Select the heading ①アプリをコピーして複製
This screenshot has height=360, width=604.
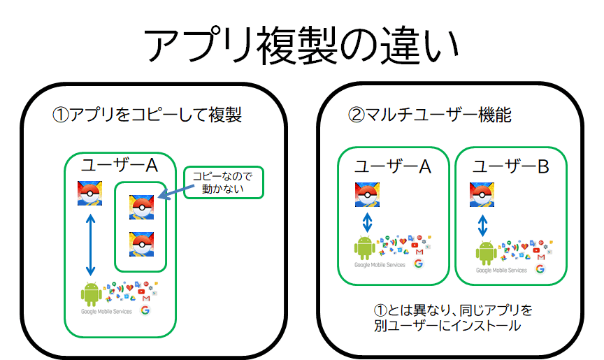coord(148,115)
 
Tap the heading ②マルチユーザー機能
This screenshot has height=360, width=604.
coord(430,115)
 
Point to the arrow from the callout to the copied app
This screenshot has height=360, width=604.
coord(171,195)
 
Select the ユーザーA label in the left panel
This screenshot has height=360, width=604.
coord(120,166)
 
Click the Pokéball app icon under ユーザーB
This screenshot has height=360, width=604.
coord(483,195)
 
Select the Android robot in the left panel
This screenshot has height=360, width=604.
coord(92,294)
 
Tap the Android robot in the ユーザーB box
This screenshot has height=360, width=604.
coord(487,252)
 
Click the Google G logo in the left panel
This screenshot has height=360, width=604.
coord(145,310)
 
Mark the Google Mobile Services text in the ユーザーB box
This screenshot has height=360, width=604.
coord(501,270)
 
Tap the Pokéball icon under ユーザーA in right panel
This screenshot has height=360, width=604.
coord(368,195)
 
